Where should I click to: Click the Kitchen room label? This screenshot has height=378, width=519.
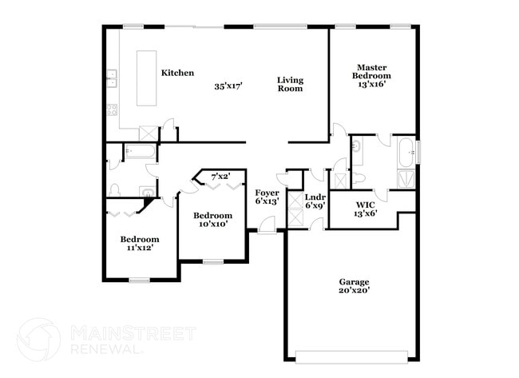point(177,73)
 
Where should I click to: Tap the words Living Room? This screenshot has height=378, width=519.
point(290,84)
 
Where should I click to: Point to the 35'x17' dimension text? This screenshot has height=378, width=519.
point(228,86)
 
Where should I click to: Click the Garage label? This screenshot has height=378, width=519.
point(353,281)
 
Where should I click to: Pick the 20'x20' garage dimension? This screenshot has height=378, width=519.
point(353,290)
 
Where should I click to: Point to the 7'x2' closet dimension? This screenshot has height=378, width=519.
point(220,176)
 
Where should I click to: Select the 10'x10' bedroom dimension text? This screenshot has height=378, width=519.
point(213,224)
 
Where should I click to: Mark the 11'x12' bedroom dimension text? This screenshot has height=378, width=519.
point(139,248)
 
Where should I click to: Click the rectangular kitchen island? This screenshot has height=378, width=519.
point(147,78)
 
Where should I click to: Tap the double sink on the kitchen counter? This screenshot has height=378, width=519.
point(112,78)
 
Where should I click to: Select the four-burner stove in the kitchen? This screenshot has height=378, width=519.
point(112,109)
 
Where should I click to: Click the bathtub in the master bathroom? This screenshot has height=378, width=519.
point(406,150)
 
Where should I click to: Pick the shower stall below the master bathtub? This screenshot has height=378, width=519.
point(406,178)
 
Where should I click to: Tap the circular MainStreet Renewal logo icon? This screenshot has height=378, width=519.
point(38,340)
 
